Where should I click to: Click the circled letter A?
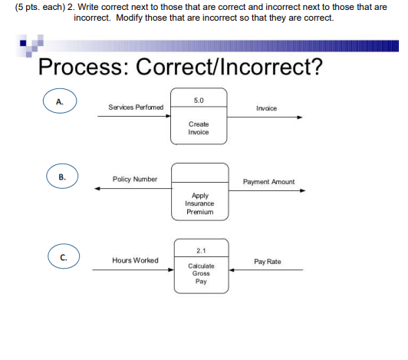tap(60, 102)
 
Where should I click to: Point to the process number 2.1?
tap(199, 250)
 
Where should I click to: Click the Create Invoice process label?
tap(199, 127)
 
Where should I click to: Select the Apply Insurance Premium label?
tap(199, 203)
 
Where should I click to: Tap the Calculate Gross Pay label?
tap(199, 273)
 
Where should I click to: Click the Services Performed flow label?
tap(136, 107)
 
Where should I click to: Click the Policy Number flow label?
tap(135, 179)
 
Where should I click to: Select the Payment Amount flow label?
tap(268, 182)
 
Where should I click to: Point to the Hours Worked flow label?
tap(135, 260)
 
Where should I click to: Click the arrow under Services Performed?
tap(134, 117)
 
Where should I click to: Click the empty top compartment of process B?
tap(199, 173)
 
